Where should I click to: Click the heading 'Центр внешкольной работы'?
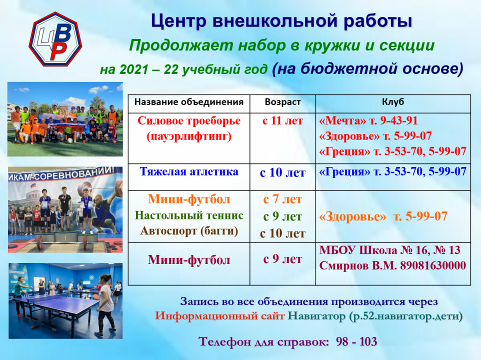tap(281, 21)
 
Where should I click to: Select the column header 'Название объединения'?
tap(189, 102)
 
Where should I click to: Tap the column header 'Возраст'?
tap(282, 102)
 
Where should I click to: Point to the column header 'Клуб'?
tap(393, 102)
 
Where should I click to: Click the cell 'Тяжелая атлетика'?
tap(189, 172)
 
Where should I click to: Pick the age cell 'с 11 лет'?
tap(282, 121)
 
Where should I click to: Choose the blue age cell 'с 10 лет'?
tap(282, 173)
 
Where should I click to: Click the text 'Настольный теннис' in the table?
tap(189, 215)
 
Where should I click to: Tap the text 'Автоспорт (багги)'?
tap(189, 231)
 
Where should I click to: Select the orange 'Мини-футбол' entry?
tap(189, 199)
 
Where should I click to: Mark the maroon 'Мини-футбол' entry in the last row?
tap(189, 259)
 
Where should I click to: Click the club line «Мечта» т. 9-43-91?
tap(368, 121)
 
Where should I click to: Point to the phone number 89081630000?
tap(433, 265)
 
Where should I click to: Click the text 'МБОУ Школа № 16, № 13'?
tap(389, 250)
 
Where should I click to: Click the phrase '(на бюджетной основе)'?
tap(368, 68)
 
